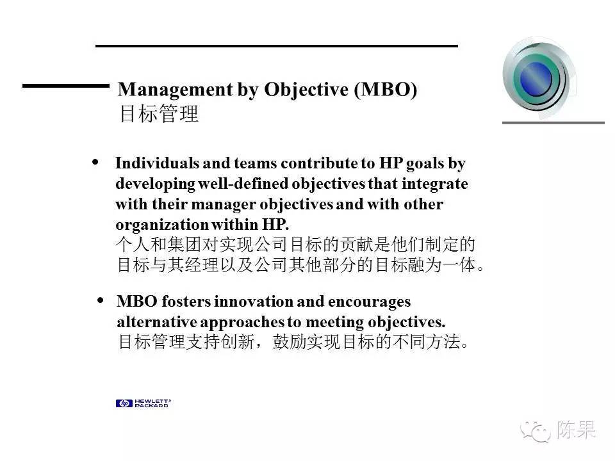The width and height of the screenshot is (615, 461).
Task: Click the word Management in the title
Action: [176, 90]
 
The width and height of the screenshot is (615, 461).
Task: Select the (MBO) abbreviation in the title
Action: [386, 90]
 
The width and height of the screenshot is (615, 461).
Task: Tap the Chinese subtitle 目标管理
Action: [159, 114]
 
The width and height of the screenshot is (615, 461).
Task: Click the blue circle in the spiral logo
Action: [536, 78]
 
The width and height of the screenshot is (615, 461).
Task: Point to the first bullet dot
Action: [95, 162]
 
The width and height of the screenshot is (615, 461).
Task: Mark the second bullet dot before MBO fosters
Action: [101, 300]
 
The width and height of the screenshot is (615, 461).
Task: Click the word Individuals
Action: [158, 163]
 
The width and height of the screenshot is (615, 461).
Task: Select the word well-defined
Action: [243, 184]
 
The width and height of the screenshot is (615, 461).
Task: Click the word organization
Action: [162, 225]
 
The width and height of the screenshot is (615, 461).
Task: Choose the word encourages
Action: [369, 302]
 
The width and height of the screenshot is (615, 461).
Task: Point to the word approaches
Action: [242, 323]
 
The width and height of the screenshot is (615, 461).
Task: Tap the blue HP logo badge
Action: [124, 403]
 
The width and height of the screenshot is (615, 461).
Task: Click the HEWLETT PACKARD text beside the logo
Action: [152, 403]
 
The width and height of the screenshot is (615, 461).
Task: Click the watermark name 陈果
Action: [576, 430]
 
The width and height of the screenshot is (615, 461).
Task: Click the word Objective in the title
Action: [306, 90]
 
